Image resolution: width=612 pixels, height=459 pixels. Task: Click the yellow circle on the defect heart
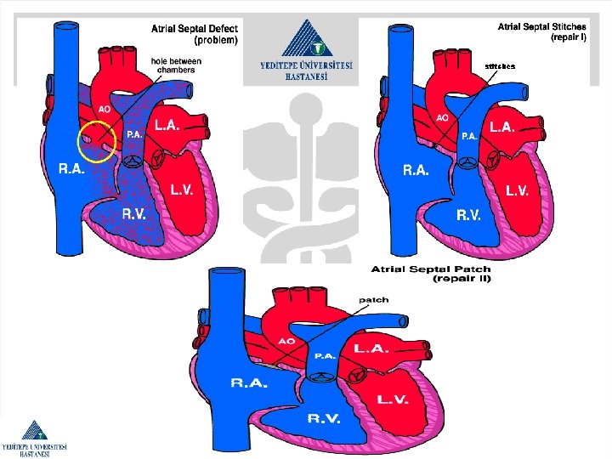tap(96, 139)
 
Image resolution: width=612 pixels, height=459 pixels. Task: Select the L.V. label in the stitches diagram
tap(520, 191)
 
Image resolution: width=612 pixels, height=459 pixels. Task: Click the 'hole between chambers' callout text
tap(175, 65)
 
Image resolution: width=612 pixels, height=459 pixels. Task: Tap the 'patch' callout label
tap(374, 299)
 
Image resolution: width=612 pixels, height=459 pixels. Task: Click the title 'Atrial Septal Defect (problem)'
tap(195, 33)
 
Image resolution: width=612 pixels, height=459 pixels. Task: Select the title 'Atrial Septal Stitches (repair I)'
tap(541, 31)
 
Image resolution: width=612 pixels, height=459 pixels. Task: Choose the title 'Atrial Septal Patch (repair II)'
tap(430, 274)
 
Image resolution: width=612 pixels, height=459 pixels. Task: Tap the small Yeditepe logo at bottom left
tap(34, 439)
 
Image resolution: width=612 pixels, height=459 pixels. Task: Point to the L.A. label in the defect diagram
tap(166, 125)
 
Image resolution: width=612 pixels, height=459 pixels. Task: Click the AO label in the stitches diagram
tap(443, 117)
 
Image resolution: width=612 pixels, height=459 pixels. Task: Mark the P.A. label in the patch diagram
tap(325, 356)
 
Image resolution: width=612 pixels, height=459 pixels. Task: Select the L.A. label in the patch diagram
tap(372, 348)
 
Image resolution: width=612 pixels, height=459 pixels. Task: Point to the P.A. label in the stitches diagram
tap(468, 135)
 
